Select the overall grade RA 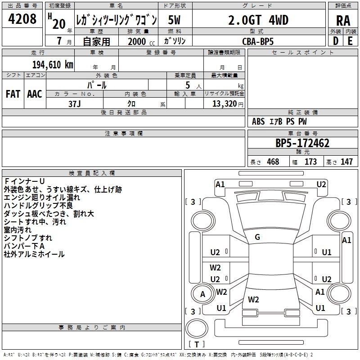343,20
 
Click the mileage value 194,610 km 53,64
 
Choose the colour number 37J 75,103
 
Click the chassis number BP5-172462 302,143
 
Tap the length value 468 272,162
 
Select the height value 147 346,162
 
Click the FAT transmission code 13,94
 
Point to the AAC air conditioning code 35,94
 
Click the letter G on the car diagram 257,237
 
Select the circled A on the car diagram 202,294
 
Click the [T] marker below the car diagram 198,344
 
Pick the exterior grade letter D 336,41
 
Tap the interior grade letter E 350,41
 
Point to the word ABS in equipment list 259,121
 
